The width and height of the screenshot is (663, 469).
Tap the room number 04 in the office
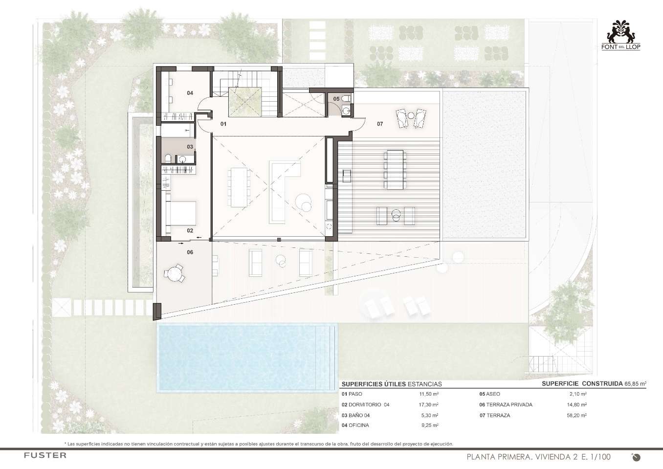190,93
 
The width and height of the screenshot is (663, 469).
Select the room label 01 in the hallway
223,124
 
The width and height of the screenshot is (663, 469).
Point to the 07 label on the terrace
380,124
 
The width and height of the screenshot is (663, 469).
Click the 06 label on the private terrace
190,252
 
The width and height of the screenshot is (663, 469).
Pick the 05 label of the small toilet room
336,99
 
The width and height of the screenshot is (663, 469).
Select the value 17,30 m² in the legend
429,404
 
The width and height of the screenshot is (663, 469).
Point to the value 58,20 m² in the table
576,415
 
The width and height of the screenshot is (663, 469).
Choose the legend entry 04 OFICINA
355,425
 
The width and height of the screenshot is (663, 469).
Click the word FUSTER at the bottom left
45,455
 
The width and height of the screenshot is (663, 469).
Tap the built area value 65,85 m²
635,384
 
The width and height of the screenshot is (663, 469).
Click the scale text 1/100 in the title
599,457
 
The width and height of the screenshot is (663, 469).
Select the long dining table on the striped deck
395,170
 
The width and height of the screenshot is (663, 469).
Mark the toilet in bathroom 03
168,158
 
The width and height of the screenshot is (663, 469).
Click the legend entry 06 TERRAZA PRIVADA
506,404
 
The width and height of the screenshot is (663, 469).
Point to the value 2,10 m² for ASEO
578,394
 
